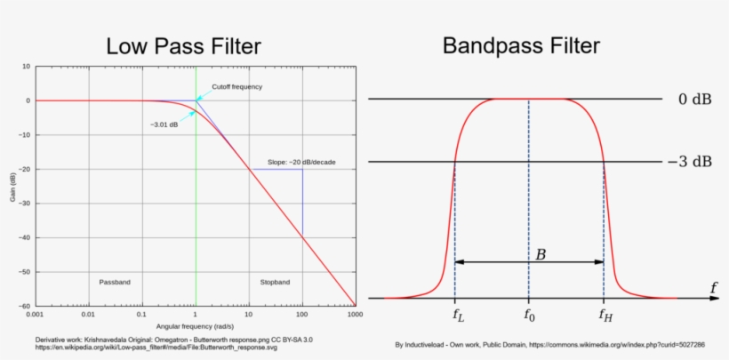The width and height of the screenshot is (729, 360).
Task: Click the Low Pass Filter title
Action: [x=183, y=47]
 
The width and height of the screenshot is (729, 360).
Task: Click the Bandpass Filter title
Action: [x=521, y=46]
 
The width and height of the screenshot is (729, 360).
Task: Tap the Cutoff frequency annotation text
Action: [x=237, y=86]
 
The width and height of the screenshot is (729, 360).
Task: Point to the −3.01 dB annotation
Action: [x=164, y=125]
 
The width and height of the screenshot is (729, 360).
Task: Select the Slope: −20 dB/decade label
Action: [x=301, y=163]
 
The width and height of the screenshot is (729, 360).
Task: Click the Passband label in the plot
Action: [x=115, y=282]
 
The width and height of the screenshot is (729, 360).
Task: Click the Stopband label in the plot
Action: [x=275, y=282]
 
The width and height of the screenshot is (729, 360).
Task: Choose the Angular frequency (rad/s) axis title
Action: [x=195, y=326]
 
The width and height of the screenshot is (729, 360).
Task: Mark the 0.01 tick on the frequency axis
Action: [x=88, y=315]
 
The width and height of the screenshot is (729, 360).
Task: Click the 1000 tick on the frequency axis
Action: [x=356, y=315]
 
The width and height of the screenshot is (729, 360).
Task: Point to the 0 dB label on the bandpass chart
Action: [x=694, y=100]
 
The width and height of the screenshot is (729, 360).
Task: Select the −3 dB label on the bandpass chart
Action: [x=690, y=162]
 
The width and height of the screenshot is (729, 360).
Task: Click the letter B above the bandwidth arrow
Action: [x=541, y=254]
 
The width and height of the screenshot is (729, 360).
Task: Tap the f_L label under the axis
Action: [x=458, y=316]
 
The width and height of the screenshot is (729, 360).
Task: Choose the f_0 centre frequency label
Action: [x=529, y=316]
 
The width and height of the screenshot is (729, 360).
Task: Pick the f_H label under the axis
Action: [x=605, y=316]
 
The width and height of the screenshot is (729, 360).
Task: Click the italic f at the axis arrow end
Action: [x=713, y=288]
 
